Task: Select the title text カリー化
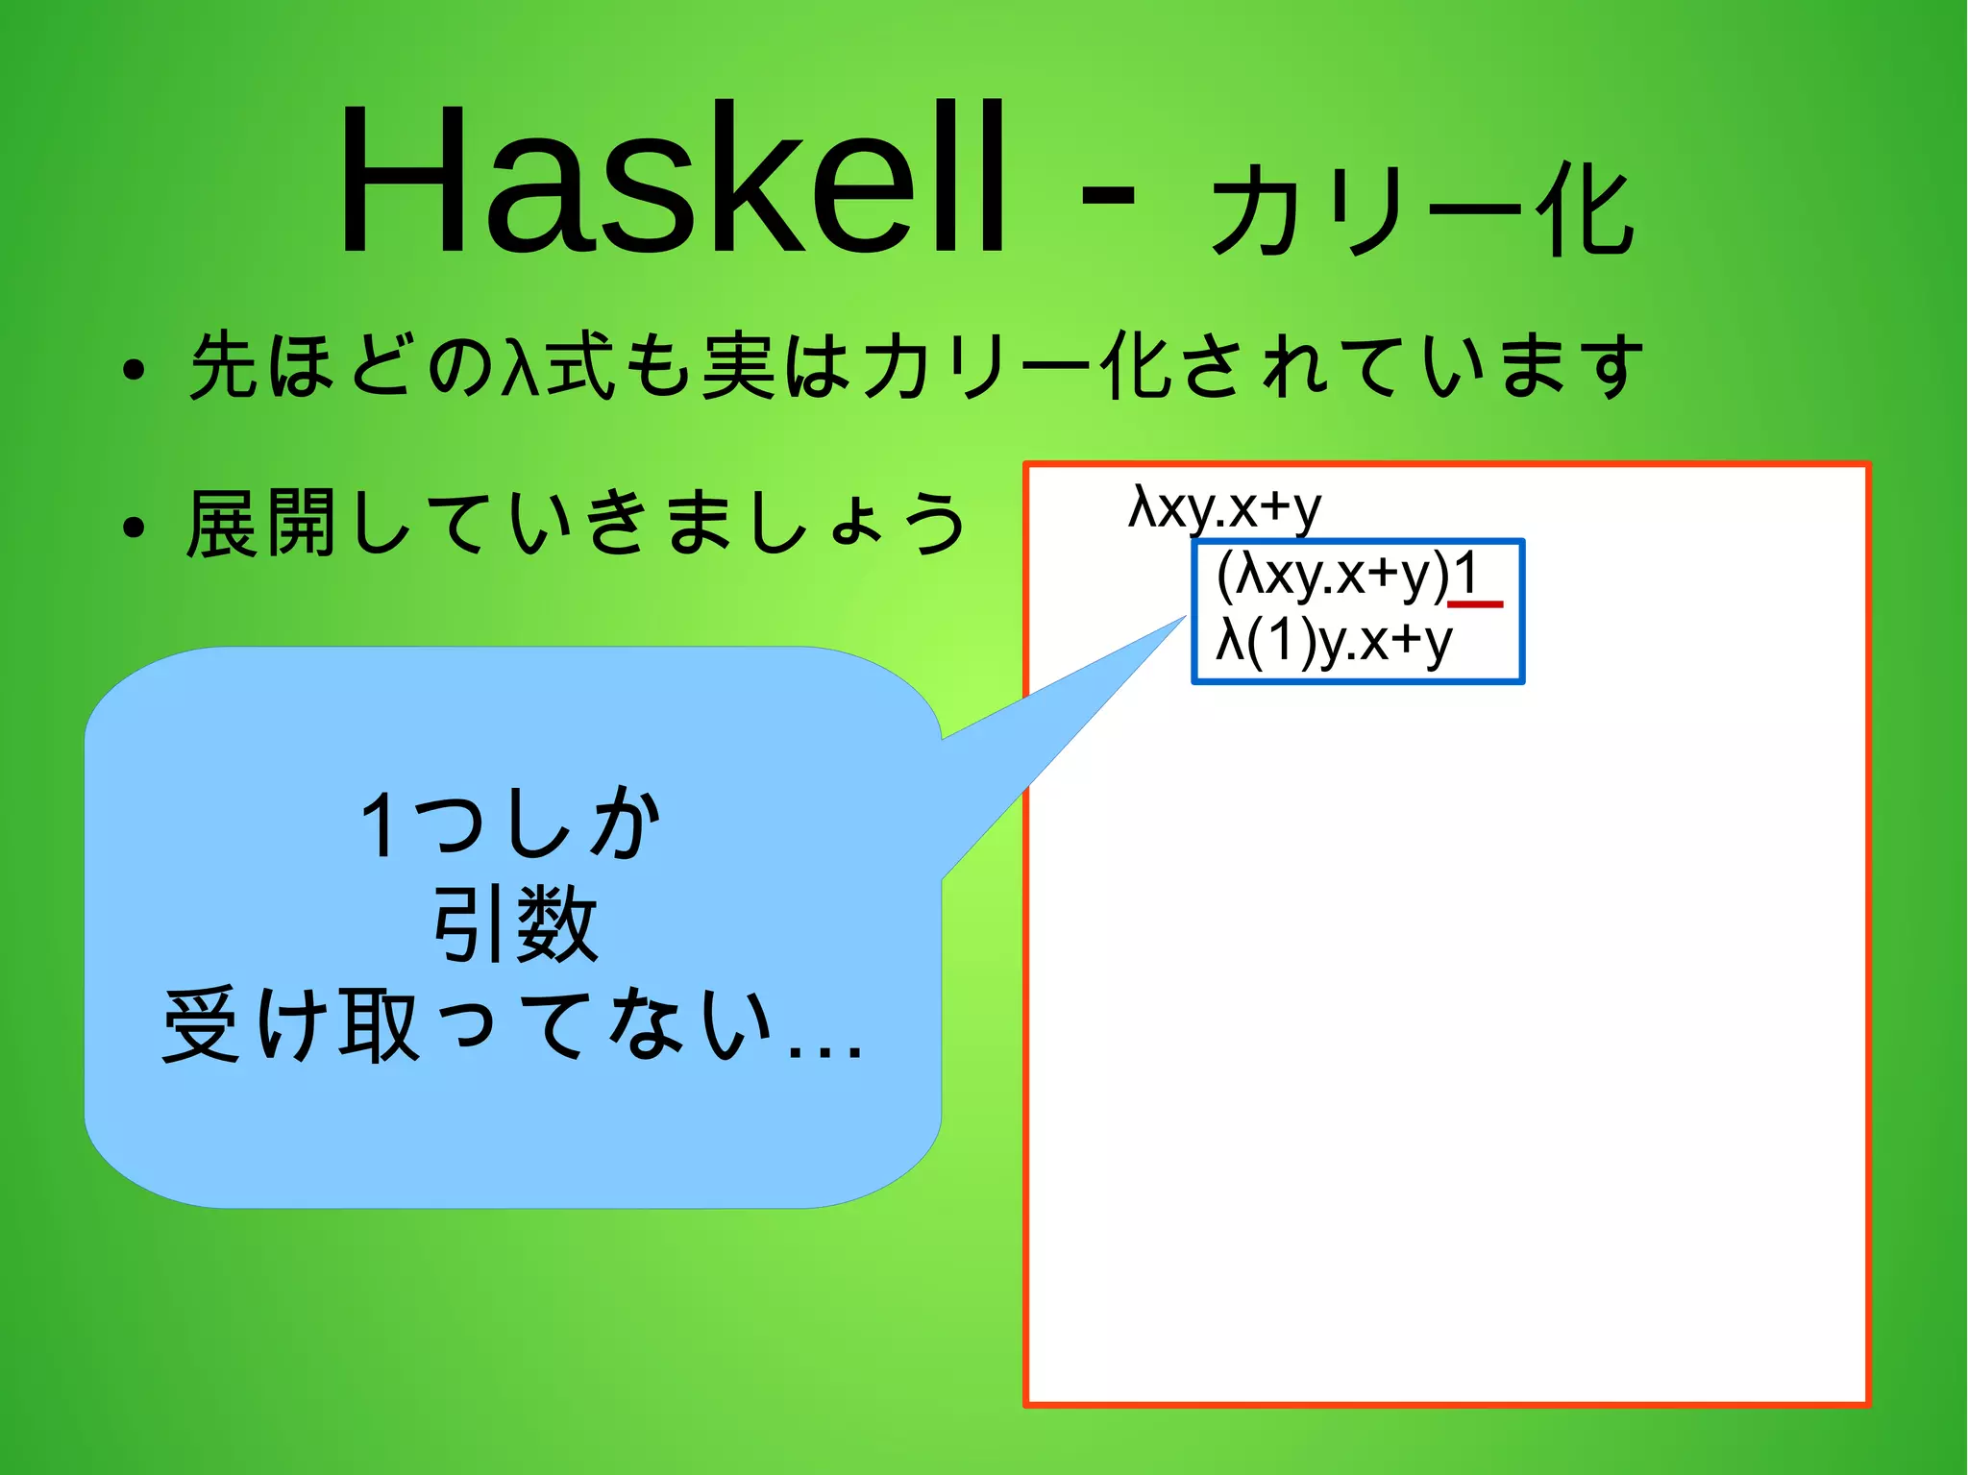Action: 1422,209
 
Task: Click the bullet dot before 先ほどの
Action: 134,370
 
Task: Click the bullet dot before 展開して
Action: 134,528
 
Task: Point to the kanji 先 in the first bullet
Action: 225,365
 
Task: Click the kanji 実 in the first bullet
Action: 738,365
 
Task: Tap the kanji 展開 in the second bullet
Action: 261,524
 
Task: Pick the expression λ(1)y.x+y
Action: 1334,641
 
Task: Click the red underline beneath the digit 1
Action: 1474,603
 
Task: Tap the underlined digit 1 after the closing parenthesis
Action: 1465,575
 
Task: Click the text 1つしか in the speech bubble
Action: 512,824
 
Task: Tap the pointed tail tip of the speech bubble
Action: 1184,618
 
